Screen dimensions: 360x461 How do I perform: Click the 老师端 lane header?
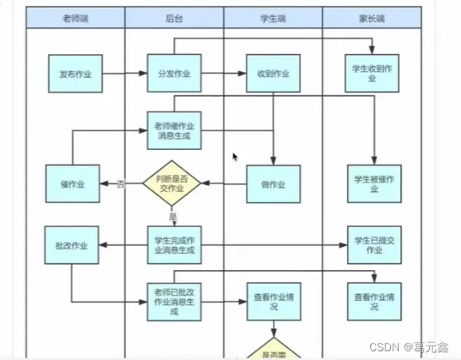(75, 18)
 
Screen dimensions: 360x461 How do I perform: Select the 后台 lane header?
(174, 18)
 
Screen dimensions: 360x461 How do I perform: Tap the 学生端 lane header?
(272, 18)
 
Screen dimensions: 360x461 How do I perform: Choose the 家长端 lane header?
(372, 18)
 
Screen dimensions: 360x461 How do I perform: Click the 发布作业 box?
(75, 74)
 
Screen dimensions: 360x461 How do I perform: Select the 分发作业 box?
(174, 74)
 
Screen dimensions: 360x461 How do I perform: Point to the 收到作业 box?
(273, 74)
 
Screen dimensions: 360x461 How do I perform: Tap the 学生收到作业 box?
(373, 74)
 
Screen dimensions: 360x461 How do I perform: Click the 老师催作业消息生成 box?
(174, 131)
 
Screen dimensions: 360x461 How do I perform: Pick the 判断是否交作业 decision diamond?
(174, 183)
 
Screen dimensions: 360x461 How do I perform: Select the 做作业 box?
(273, 184)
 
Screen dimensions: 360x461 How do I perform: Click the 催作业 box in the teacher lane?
(72, 184)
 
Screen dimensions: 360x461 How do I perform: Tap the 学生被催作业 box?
(373, 184)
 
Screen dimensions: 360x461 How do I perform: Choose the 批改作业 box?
(72, 245)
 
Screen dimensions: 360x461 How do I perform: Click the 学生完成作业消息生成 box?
(174, 245)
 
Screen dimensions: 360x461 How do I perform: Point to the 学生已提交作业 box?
(373, 245)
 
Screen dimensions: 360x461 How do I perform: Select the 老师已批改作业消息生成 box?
(174, 302)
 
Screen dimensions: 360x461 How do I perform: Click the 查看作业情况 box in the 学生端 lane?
(273, 302)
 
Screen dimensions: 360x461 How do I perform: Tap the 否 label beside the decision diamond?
(121, 184)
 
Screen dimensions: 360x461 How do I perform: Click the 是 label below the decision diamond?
(173, 215)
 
